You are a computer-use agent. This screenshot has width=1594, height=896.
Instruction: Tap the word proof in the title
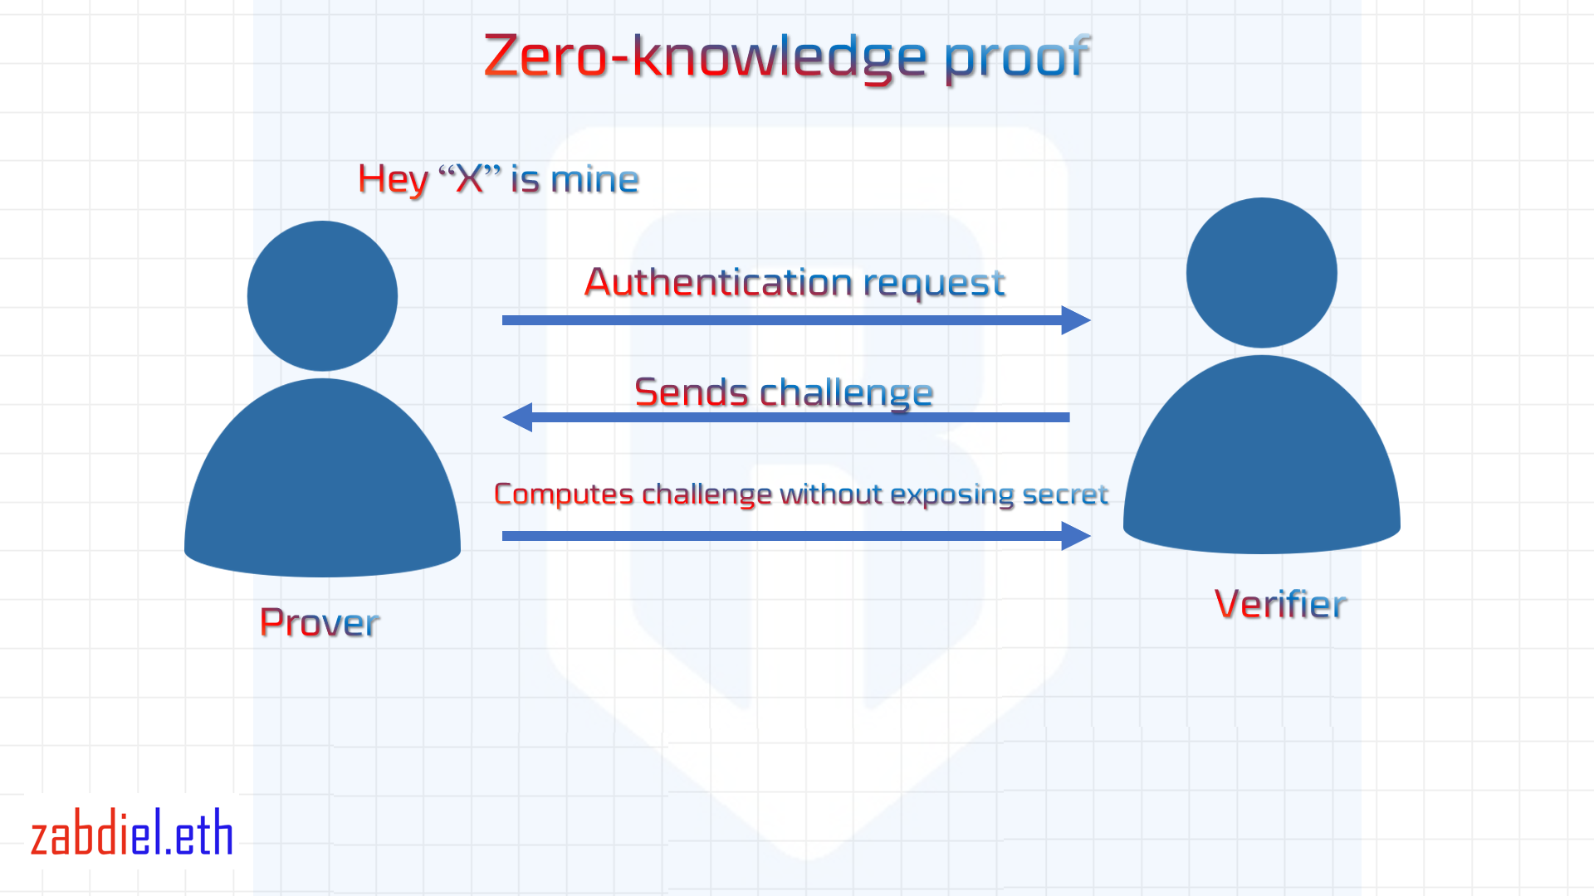(1016, 58)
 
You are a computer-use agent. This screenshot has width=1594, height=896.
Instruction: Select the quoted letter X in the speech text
(470, 179)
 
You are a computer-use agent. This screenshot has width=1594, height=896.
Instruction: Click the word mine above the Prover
(594, 179)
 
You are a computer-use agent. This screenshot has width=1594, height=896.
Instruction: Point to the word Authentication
(719, 282)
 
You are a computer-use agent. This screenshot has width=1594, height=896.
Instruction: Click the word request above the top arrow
(934, 284)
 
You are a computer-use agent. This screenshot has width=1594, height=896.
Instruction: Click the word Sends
(691, 392)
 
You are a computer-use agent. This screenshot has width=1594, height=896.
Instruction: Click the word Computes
(564, 494)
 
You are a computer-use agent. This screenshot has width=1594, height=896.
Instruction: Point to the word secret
(1065, 494)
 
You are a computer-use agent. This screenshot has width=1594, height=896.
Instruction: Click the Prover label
(320, 622)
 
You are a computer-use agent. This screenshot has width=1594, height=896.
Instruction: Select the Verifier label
(1280, 604)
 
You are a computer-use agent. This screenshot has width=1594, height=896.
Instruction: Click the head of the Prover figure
(322, 295)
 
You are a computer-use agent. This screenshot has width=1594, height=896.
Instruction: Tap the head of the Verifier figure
(1261, 272)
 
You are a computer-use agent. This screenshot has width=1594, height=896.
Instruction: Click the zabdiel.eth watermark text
(132, 835)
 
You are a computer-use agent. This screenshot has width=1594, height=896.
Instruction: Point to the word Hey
(393, 180)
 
